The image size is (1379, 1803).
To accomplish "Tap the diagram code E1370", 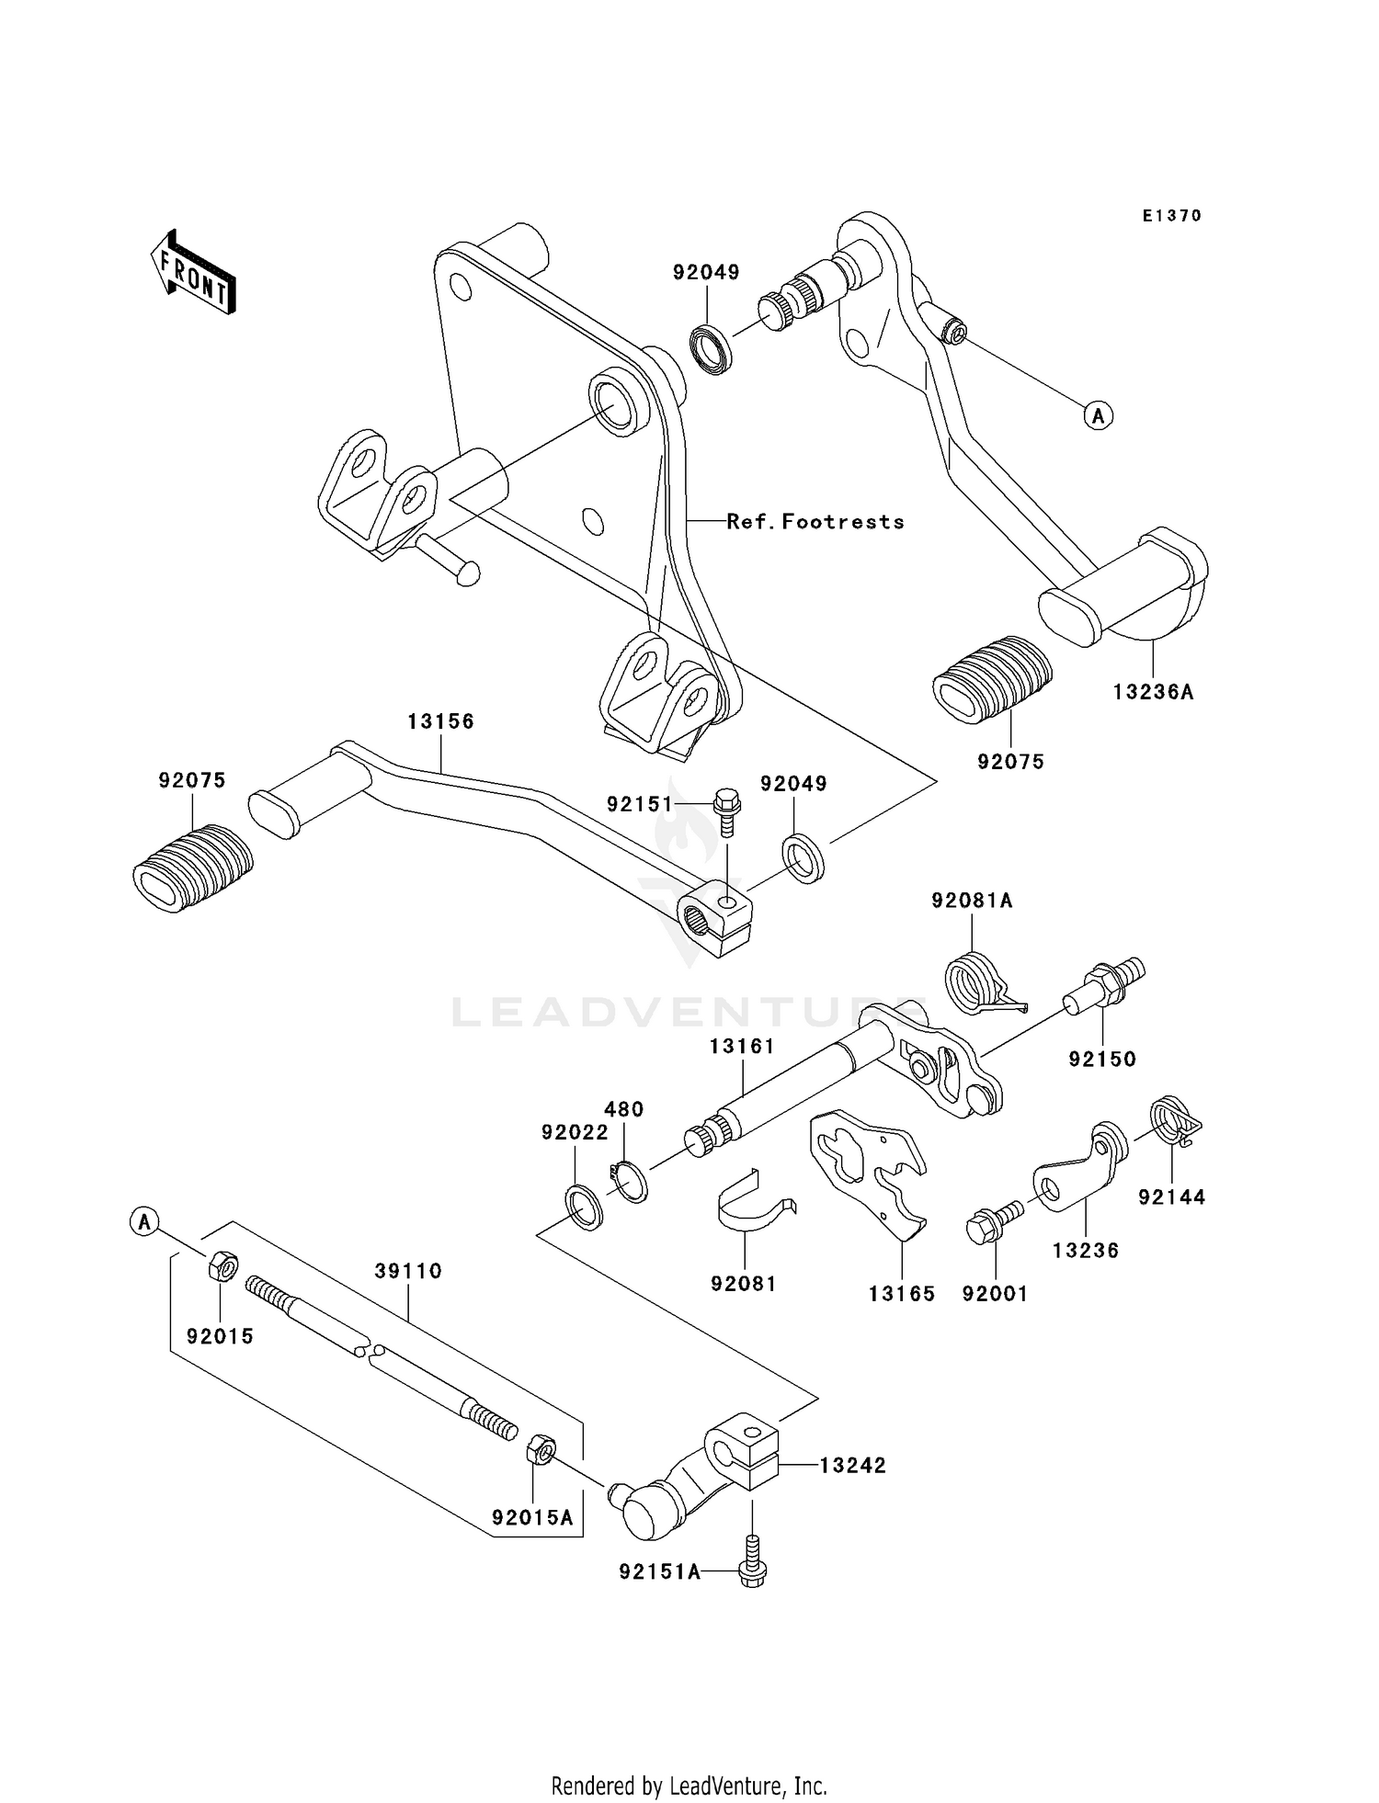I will click(1171, 216).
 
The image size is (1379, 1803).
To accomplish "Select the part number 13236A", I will click(1153, 692).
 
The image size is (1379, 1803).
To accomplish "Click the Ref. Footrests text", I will click(815, 522).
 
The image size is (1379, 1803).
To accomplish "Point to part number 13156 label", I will click(441, 721).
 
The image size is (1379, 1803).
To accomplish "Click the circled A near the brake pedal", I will click(1098, 415).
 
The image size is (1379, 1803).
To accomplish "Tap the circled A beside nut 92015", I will click(143, 1222).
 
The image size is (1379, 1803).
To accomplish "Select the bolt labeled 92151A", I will click(752, 1571).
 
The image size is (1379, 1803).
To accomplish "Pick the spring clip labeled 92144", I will click(1174, 1121).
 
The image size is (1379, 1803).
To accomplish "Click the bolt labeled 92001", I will click(991, 1223).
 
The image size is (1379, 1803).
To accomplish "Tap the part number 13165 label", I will click(902, 1294).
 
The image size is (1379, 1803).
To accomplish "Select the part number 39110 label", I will click(408, 1271).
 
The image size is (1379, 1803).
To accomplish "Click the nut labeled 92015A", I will click(540, 1453).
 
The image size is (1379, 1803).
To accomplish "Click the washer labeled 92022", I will click(583, 1207).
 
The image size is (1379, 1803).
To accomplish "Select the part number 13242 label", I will click(852, 1465).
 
